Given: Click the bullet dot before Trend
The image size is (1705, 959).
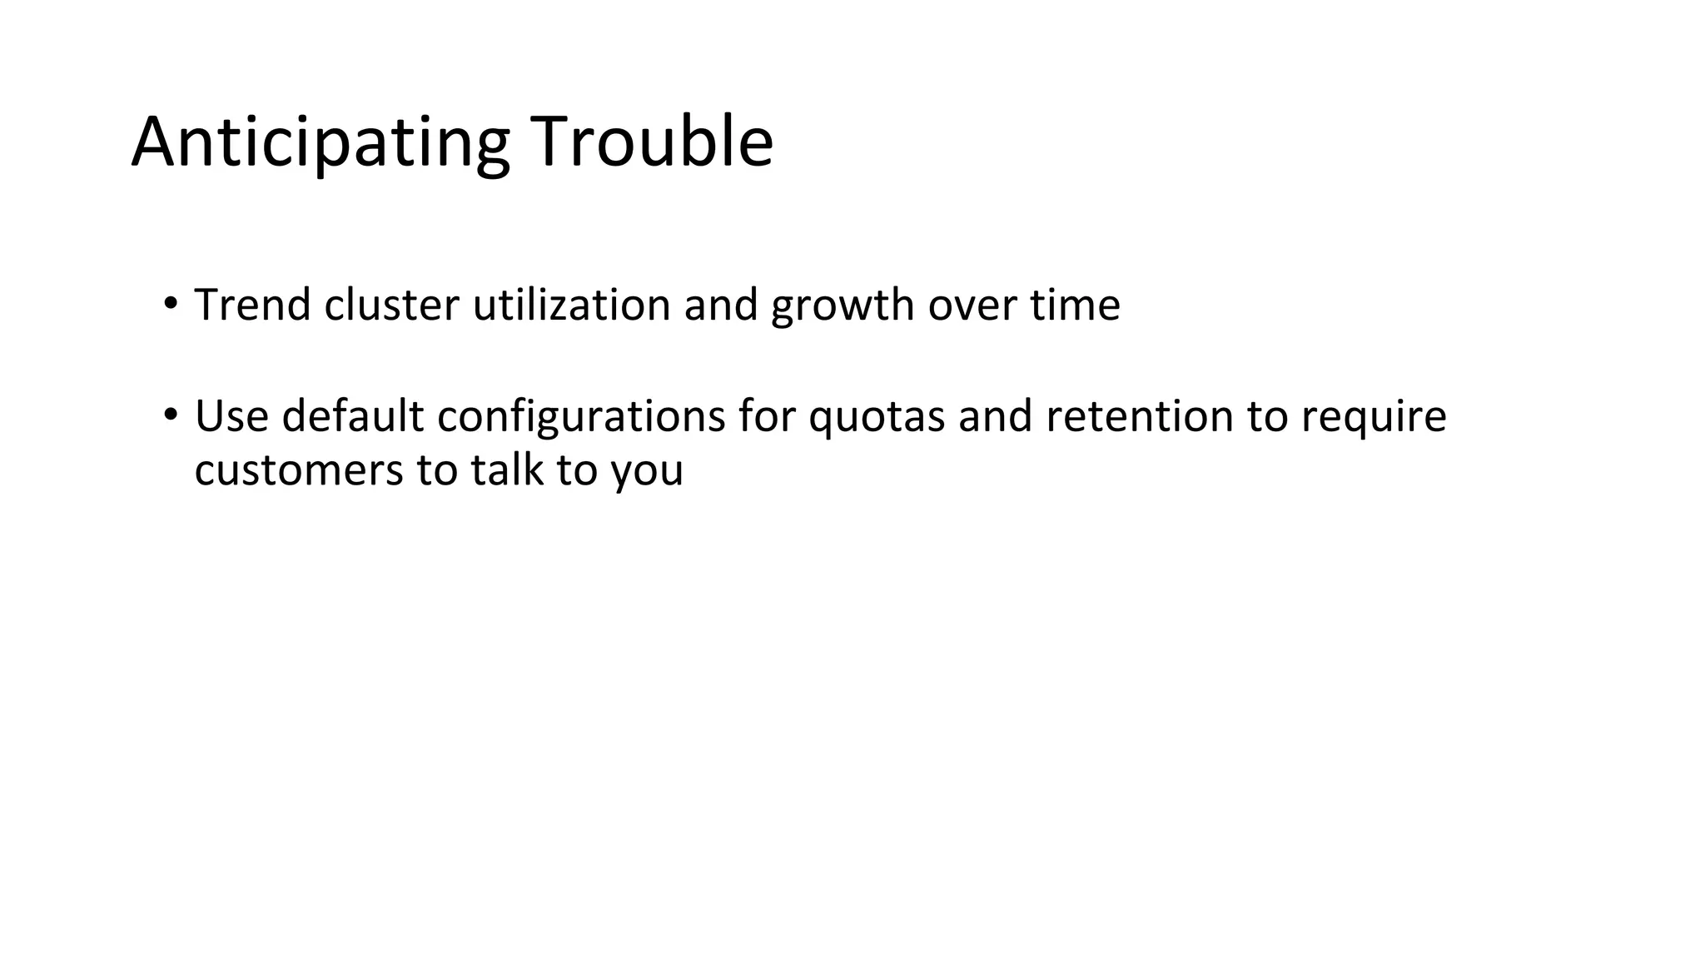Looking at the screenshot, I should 170,302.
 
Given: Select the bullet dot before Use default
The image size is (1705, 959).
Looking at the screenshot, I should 170,414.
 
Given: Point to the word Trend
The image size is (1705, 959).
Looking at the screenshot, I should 252,305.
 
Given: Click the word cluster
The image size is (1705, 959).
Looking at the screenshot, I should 391,305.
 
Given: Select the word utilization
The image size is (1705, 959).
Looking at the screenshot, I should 571,305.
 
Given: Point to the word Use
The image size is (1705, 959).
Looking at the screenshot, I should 231,416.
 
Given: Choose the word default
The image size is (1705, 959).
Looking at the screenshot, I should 353,416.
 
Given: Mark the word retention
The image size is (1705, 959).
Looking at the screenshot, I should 1139,416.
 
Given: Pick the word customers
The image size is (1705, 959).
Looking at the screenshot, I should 299,470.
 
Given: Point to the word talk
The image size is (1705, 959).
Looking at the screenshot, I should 506,470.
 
